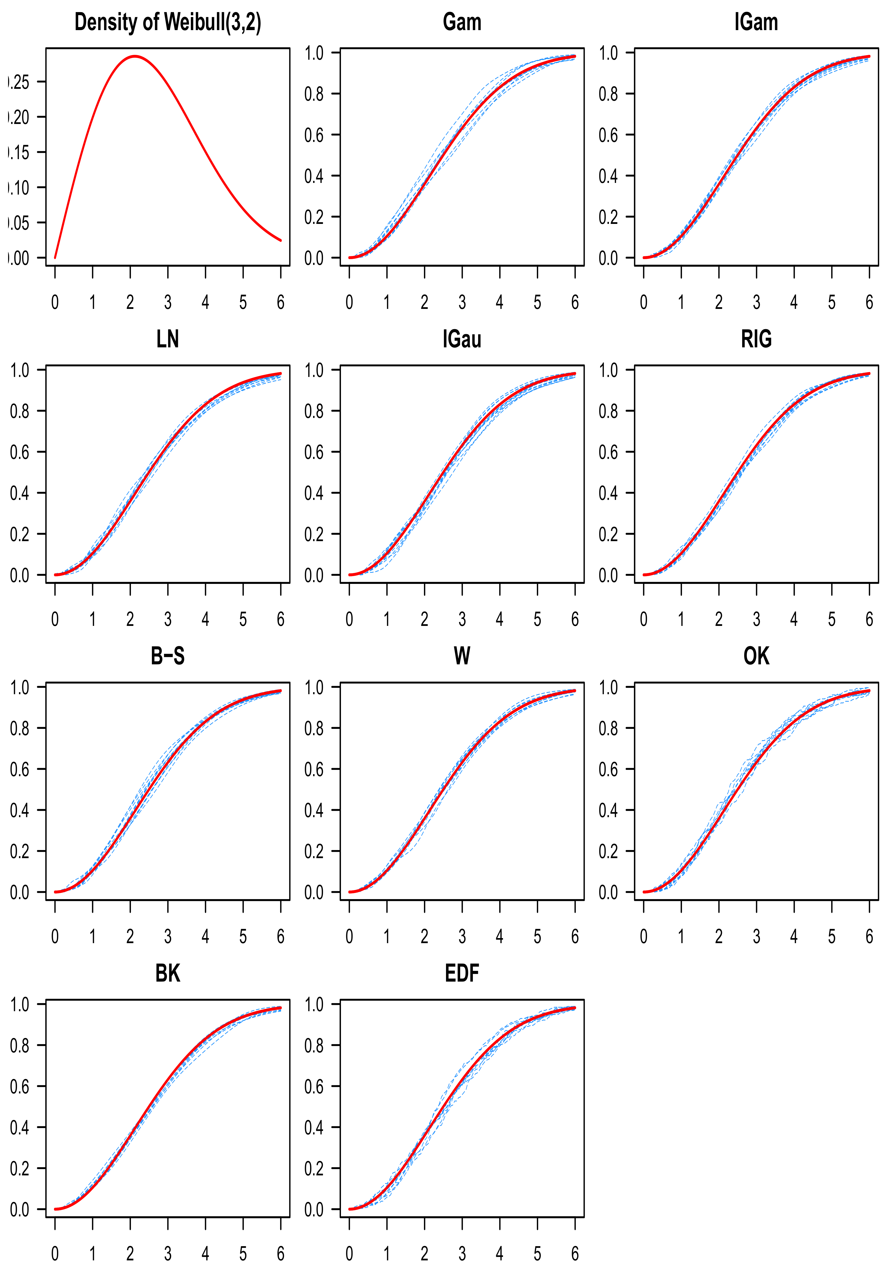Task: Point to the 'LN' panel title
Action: (168, 339)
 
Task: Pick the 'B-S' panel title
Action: (168, 656)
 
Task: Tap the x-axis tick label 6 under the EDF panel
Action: (575, 1253)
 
